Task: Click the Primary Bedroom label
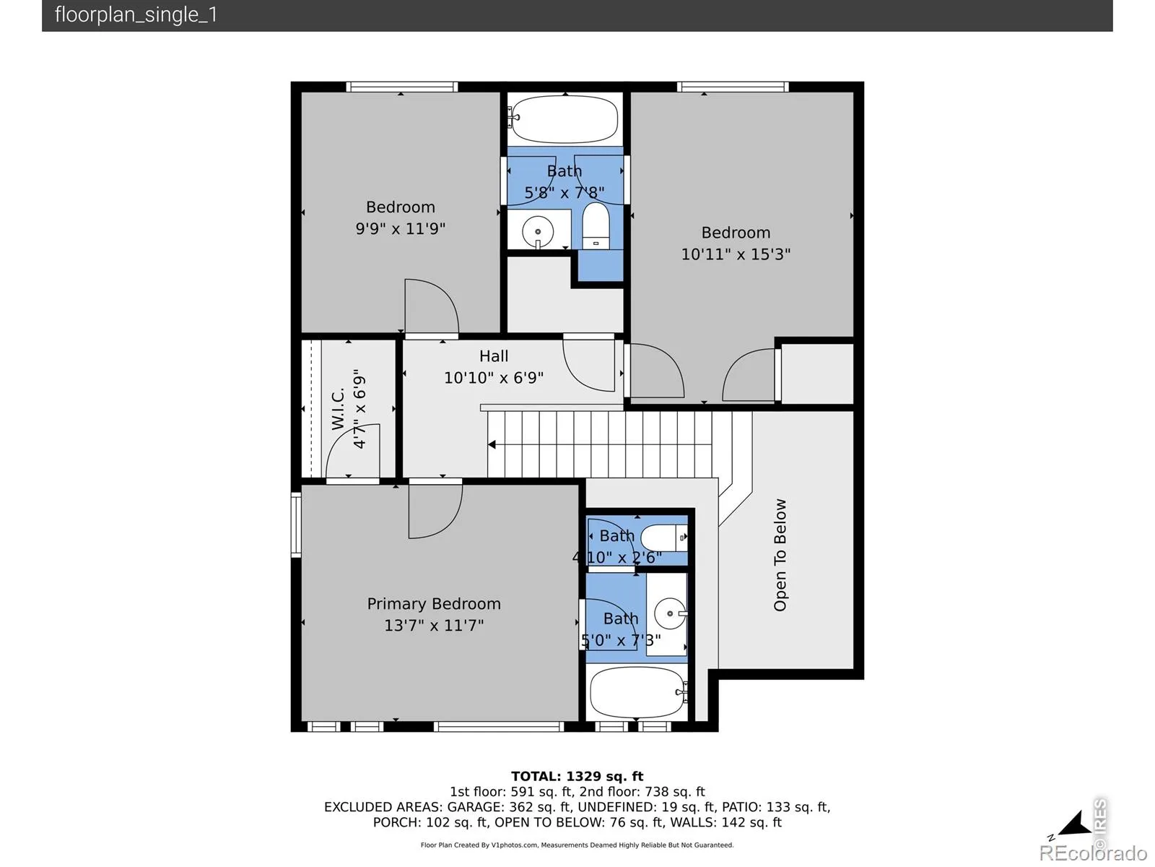pos(434,603)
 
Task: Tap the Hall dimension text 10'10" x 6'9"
pos(494,377)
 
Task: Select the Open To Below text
pos(780,555)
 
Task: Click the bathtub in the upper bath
pos(565,119)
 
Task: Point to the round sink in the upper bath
pos(538,232)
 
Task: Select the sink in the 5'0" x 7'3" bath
pos(670,613)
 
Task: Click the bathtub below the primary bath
pos(637,691)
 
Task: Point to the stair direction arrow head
pos(492,445)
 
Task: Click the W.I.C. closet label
pos(338,409)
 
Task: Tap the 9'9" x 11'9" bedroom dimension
pos(401,228)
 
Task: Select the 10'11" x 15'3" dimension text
pos(736,254)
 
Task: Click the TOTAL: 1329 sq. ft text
pos(577,776)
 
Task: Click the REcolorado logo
pos(1093,852)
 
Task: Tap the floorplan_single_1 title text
pos(136,14)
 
